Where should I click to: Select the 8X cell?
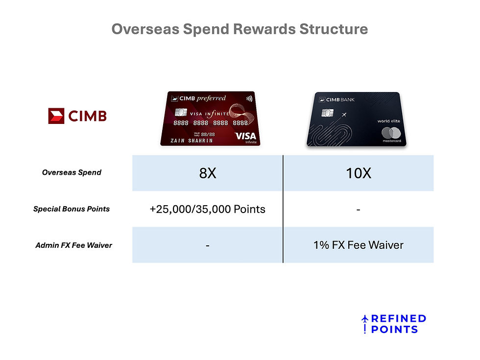(x=208, y=173)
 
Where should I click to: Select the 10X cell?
(x=359, y=173)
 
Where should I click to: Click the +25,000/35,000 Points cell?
(x=208, y=209)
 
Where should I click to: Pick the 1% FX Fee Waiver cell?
(x=359, y=245)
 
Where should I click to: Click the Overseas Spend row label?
(x=72, y=172)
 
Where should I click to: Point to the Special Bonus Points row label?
(x=72, y=209)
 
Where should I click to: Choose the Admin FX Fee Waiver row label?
(x=73, y=245)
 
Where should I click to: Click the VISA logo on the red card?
(x=245, y=136)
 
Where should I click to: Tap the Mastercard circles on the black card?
(x=390, y=132)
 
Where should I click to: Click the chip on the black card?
(x=324, y=113)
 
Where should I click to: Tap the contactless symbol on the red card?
(x=249, y=98)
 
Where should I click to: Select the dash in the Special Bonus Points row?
(x=359, y=209)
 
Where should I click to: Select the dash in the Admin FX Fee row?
(x=208, y=245)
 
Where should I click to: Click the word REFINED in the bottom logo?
(x=398, y=319)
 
